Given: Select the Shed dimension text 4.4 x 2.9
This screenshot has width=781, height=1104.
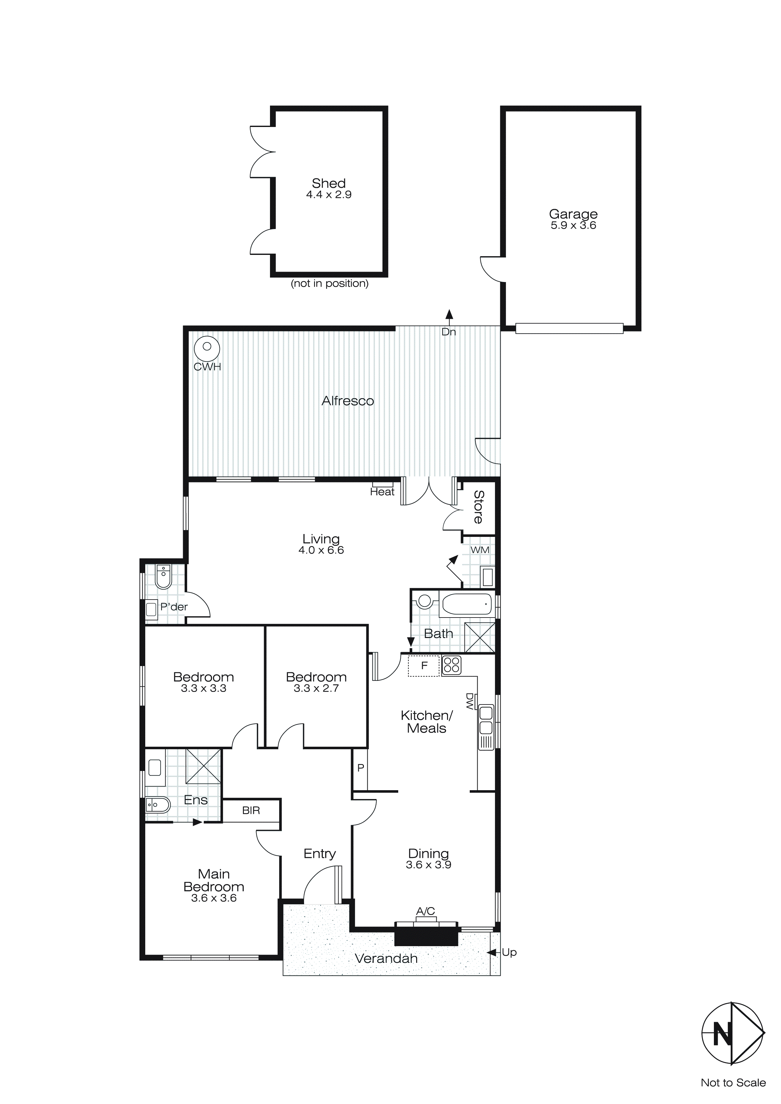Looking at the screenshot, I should click(x=329, y=195).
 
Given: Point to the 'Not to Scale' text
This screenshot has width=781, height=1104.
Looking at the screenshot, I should click(x=733, y=1082).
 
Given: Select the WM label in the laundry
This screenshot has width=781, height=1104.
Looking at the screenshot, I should click(x=480, y=549).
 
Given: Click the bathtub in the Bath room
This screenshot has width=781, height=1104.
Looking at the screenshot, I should click(x=467, y=604).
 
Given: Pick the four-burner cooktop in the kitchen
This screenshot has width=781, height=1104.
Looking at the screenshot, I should click(x=451, y=665).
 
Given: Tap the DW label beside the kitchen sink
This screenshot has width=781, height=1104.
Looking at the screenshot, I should click(x=469, y=701).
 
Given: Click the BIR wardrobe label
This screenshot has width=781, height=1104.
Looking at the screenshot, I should click(x=251, y=810).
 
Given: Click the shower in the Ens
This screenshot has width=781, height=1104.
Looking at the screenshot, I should click(x=204, y=766).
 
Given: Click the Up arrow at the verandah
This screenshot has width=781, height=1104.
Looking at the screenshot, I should click(x=492, y=952).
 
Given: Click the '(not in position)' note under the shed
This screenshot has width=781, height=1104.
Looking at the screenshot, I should click(x=330, y=284).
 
